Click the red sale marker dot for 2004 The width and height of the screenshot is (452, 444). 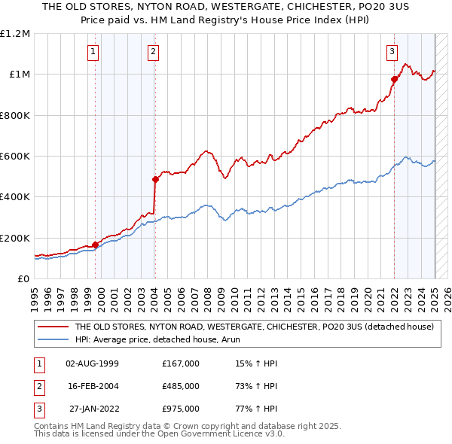[x=155, y=179]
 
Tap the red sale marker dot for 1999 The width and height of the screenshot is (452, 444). [x=96, y=245]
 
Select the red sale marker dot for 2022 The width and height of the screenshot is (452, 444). [x=394, y=79]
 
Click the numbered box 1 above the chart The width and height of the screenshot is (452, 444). [x=93, y=52]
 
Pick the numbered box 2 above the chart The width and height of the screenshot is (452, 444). [x=153, y=52]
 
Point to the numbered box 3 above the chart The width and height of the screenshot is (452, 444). [x=392, y=52]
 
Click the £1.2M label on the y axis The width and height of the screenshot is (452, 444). [x=15, y=34]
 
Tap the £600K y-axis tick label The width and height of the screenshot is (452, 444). [x=15, y=157]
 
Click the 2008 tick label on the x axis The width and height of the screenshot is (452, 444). [x=203, y=296]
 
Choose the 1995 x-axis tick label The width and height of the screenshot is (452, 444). [x=35, y=296]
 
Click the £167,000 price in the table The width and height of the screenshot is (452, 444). [x=181, y=363]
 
